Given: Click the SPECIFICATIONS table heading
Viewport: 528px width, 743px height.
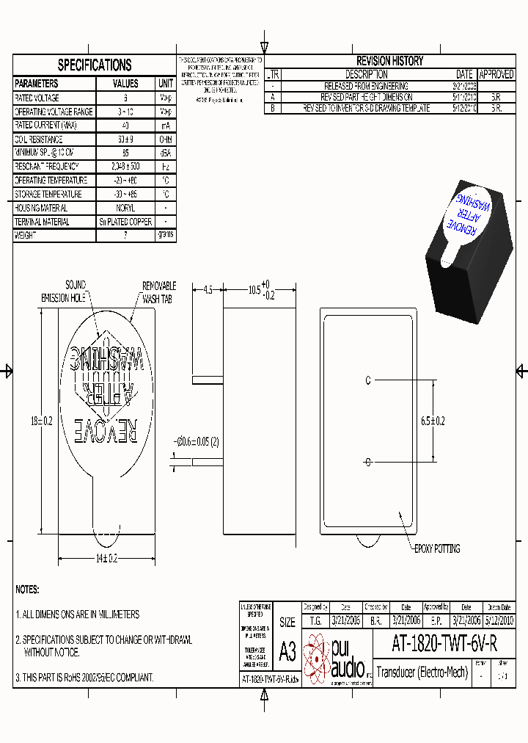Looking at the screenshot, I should [95, 65].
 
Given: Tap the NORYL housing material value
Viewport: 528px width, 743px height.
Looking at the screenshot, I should [125, 208].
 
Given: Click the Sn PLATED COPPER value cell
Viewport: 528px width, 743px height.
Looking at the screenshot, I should [125, 222].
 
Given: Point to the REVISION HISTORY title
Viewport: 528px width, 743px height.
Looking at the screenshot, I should [389, 61].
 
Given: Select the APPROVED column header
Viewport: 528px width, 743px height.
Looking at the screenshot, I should [496, 75].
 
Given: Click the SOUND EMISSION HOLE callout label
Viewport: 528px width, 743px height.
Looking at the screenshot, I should [66, 291].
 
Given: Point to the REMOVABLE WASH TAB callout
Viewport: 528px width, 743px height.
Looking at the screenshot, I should [159, 292].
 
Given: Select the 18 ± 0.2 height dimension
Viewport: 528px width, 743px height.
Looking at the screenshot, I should [41, 421].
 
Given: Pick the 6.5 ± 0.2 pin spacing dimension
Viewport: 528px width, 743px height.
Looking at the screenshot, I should [432, 421].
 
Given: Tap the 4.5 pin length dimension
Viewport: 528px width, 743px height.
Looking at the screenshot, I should [208, 290].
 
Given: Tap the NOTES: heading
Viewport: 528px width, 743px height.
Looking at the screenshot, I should [27, 589].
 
